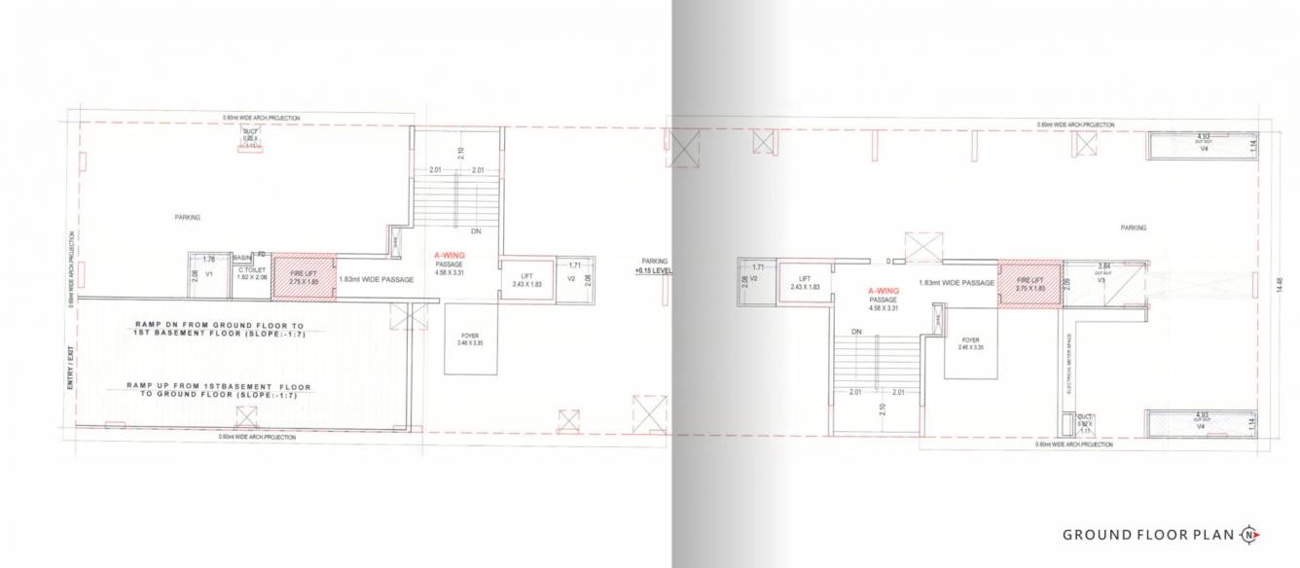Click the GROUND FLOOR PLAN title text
1149,534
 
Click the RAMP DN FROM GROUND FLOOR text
215,324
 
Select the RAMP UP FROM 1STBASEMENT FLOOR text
211,386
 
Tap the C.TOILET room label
251,271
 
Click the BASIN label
242,257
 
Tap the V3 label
1101,280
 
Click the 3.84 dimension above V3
1103,265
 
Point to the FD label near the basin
263,256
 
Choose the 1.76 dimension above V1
207,259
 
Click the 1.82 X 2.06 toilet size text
251,278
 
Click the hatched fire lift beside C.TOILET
304,278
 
